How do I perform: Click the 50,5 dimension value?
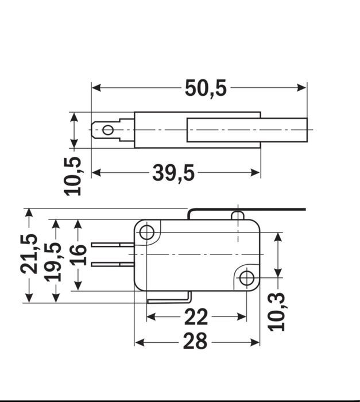pos(206,88)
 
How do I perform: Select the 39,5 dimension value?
pos(173,172)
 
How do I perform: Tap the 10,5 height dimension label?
pos(73,175)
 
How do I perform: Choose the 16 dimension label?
pos(79,254)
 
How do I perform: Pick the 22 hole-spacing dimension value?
pos(196,316)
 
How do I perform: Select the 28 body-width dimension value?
pos(195,342)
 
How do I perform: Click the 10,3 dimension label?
pos(278,311)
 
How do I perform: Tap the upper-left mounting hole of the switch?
pos(147,233)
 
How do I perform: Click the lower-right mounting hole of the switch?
pos(246,279)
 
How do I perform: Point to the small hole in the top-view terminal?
pos(108,130)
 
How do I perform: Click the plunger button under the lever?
pos(238,216)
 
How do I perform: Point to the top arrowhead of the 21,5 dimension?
pos(29,213)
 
